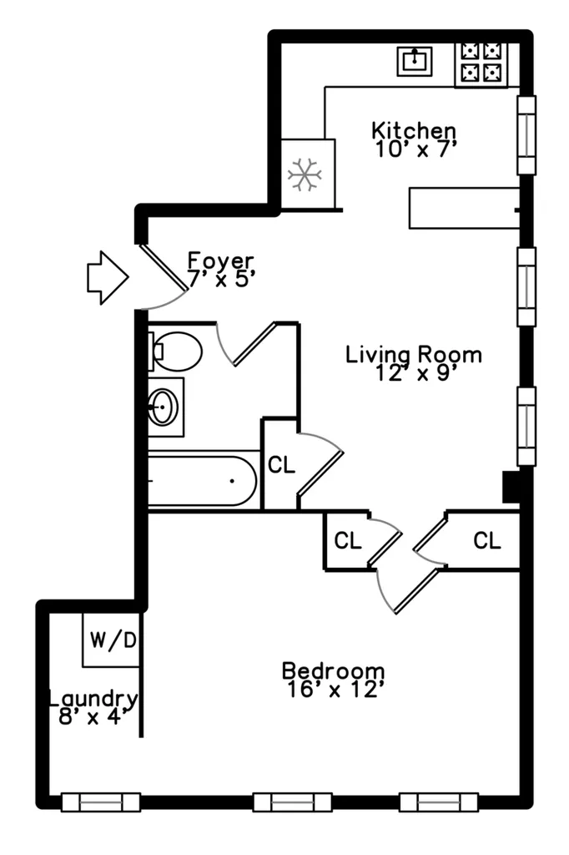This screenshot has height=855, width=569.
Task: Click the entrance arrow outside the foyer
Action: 108,277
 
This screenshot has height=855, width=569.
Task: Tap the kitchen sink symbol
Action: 415,60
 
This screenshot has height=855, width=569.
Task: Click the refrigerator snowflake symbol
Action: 305,175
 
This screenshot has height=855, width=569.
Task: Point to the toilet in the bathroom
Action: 174,352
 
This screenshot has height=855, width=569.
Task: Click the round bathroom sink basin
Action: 163,407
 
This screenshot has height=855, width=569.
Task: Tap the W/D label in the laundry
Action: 113,640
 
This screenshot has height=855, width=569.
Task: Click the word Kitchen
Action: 414,131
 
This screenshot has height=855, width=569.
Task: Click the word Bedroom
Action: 334,670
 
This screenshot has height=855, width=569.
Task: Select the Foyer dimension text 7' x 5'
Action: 221,279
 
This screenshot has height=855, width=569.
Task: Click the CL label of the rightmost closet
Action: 486,540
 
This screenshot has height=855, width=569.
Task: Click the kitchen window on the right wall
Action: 526,135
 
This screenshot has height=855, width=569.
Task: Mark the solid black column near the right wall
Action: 511,487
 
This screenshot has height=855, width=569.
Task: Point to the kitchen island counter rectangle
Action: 465,208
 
